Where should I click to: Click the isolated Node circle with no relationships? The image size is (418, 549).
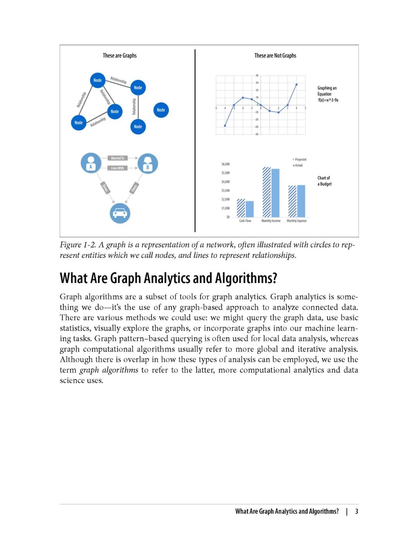tap(161, 110)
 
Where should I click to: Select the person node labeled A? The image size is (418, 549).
tap(91, 163)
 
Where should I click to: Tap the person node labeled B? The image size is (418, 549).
tap(147, 163)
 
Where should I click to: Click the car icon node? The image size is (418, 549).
tap(120, 213)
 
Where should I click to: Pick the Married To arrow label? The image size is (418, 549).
tap(118, 158)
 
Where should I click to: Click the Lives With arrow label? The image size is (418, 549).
tap(117, 168)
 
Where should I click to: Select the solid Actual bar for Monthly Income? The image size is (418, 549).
tap(276, 193)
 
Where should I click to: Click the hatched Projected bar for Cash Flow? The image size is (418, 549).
tap(241, 208)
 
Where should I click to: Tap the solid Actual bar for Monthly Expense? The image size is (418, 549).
tap(301, 201)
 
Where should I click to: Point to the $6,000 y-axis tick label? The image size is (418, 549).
tap(225, 164)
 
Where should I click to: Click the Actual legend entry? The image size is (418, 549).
tap(298, 165)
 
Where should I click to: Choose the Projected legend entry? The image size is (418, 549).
tap(300, 160)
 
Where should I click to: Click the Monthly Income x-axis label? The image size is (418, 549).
tap(271, 221)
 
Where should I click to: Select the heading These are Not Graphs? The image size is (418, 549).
tap(275, 56)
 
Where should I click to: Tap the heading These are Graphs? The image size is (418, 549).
tap(120, 56)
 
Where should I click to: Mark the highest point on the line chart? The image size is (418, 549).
tap(296, 84)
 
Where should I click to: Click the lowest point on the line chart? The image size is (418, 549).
tap(225, 125)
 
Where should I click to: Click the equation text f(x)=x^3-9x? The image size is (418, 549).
tap(328, 100)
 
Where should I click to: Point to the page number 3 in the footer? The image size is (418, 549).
tap(356, 511)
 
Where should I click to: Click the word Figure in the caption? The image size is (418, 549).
tap(70, 245)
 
